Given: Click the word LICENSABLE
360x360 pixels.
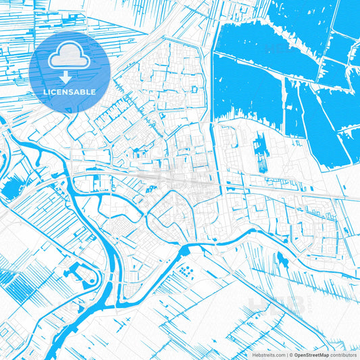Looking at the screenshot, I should click(69, 91).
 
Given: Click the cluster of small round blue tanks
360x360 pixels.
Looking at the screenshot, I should click(186, 274).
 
